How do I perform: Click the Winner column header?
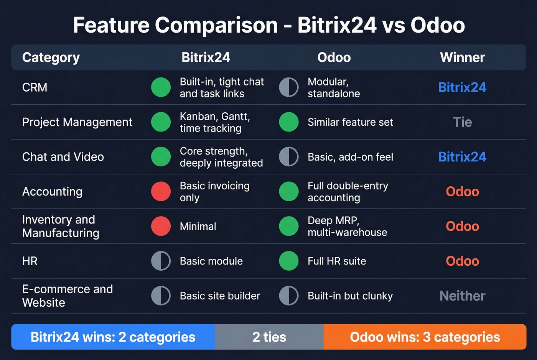click(x=462, y=58)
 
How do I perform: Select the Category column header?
click(x=51, y=58)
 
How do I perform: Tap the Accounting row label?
click(x=52, y=192)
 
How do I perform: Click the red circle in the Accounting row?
click(x=161, y=192)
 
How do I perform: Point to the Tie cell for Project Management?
click(x=462, y=122)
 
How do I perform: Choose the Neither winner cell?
click(x=462, y=296)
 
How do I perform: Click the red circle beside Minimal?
click(x=161, y=226)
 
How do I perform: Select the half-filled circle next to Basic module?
click(x=161, y=261)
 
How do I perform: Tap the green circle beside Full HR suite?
click(x=289, y=261)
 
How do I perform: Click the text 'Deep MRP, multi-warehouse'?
click(x=347, y=226)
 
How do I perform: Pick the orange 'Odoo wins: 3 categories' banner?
click(x=425, y=337)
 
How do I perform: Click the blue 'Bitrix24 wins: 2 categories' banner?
click(x=113, y=337)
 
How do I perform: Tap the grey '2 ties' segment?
click(x=269, y=337)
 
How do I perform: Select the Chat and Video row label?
click(x=63, y=157)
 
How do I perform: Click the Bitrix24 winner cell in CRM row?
click(x=462, y=87)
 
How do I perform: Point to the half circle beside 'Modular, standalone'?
click(x=289, y=87)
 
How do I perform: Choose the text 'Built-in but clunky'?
click(x=350, y=296)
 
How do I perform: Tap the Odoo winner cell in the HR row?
click(x=462, y=261)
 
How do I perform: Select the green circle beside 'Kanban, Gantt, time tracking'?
click(x=161, y=122)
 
